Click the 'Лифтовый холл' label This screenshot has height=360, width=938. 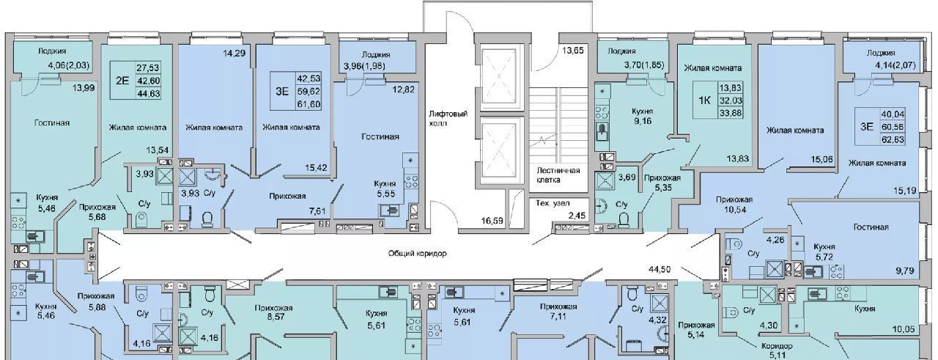(448, 118)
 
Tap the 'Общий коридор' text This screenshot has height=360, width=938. (417, 254)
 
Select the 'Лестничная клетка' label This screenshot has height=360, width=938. (558, 175)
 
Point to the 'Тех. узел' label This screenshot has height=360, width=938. (553, 203)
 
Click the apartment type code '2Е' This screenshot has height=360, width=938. (122, 81)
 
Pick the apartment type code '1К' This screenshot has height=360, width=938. (704, 100)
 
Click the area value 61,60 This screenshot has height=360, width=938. (309, 104)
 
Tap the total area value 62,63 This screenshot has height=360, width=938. (893, 139)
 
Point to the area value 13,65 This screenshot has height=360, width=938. (573, 51)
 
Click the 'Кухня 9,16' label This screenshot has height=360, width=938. (643, 117)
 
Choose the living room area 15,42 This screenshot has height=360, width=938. (316, 168)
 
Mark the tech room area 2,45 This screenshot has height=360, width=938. (576, 216)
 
